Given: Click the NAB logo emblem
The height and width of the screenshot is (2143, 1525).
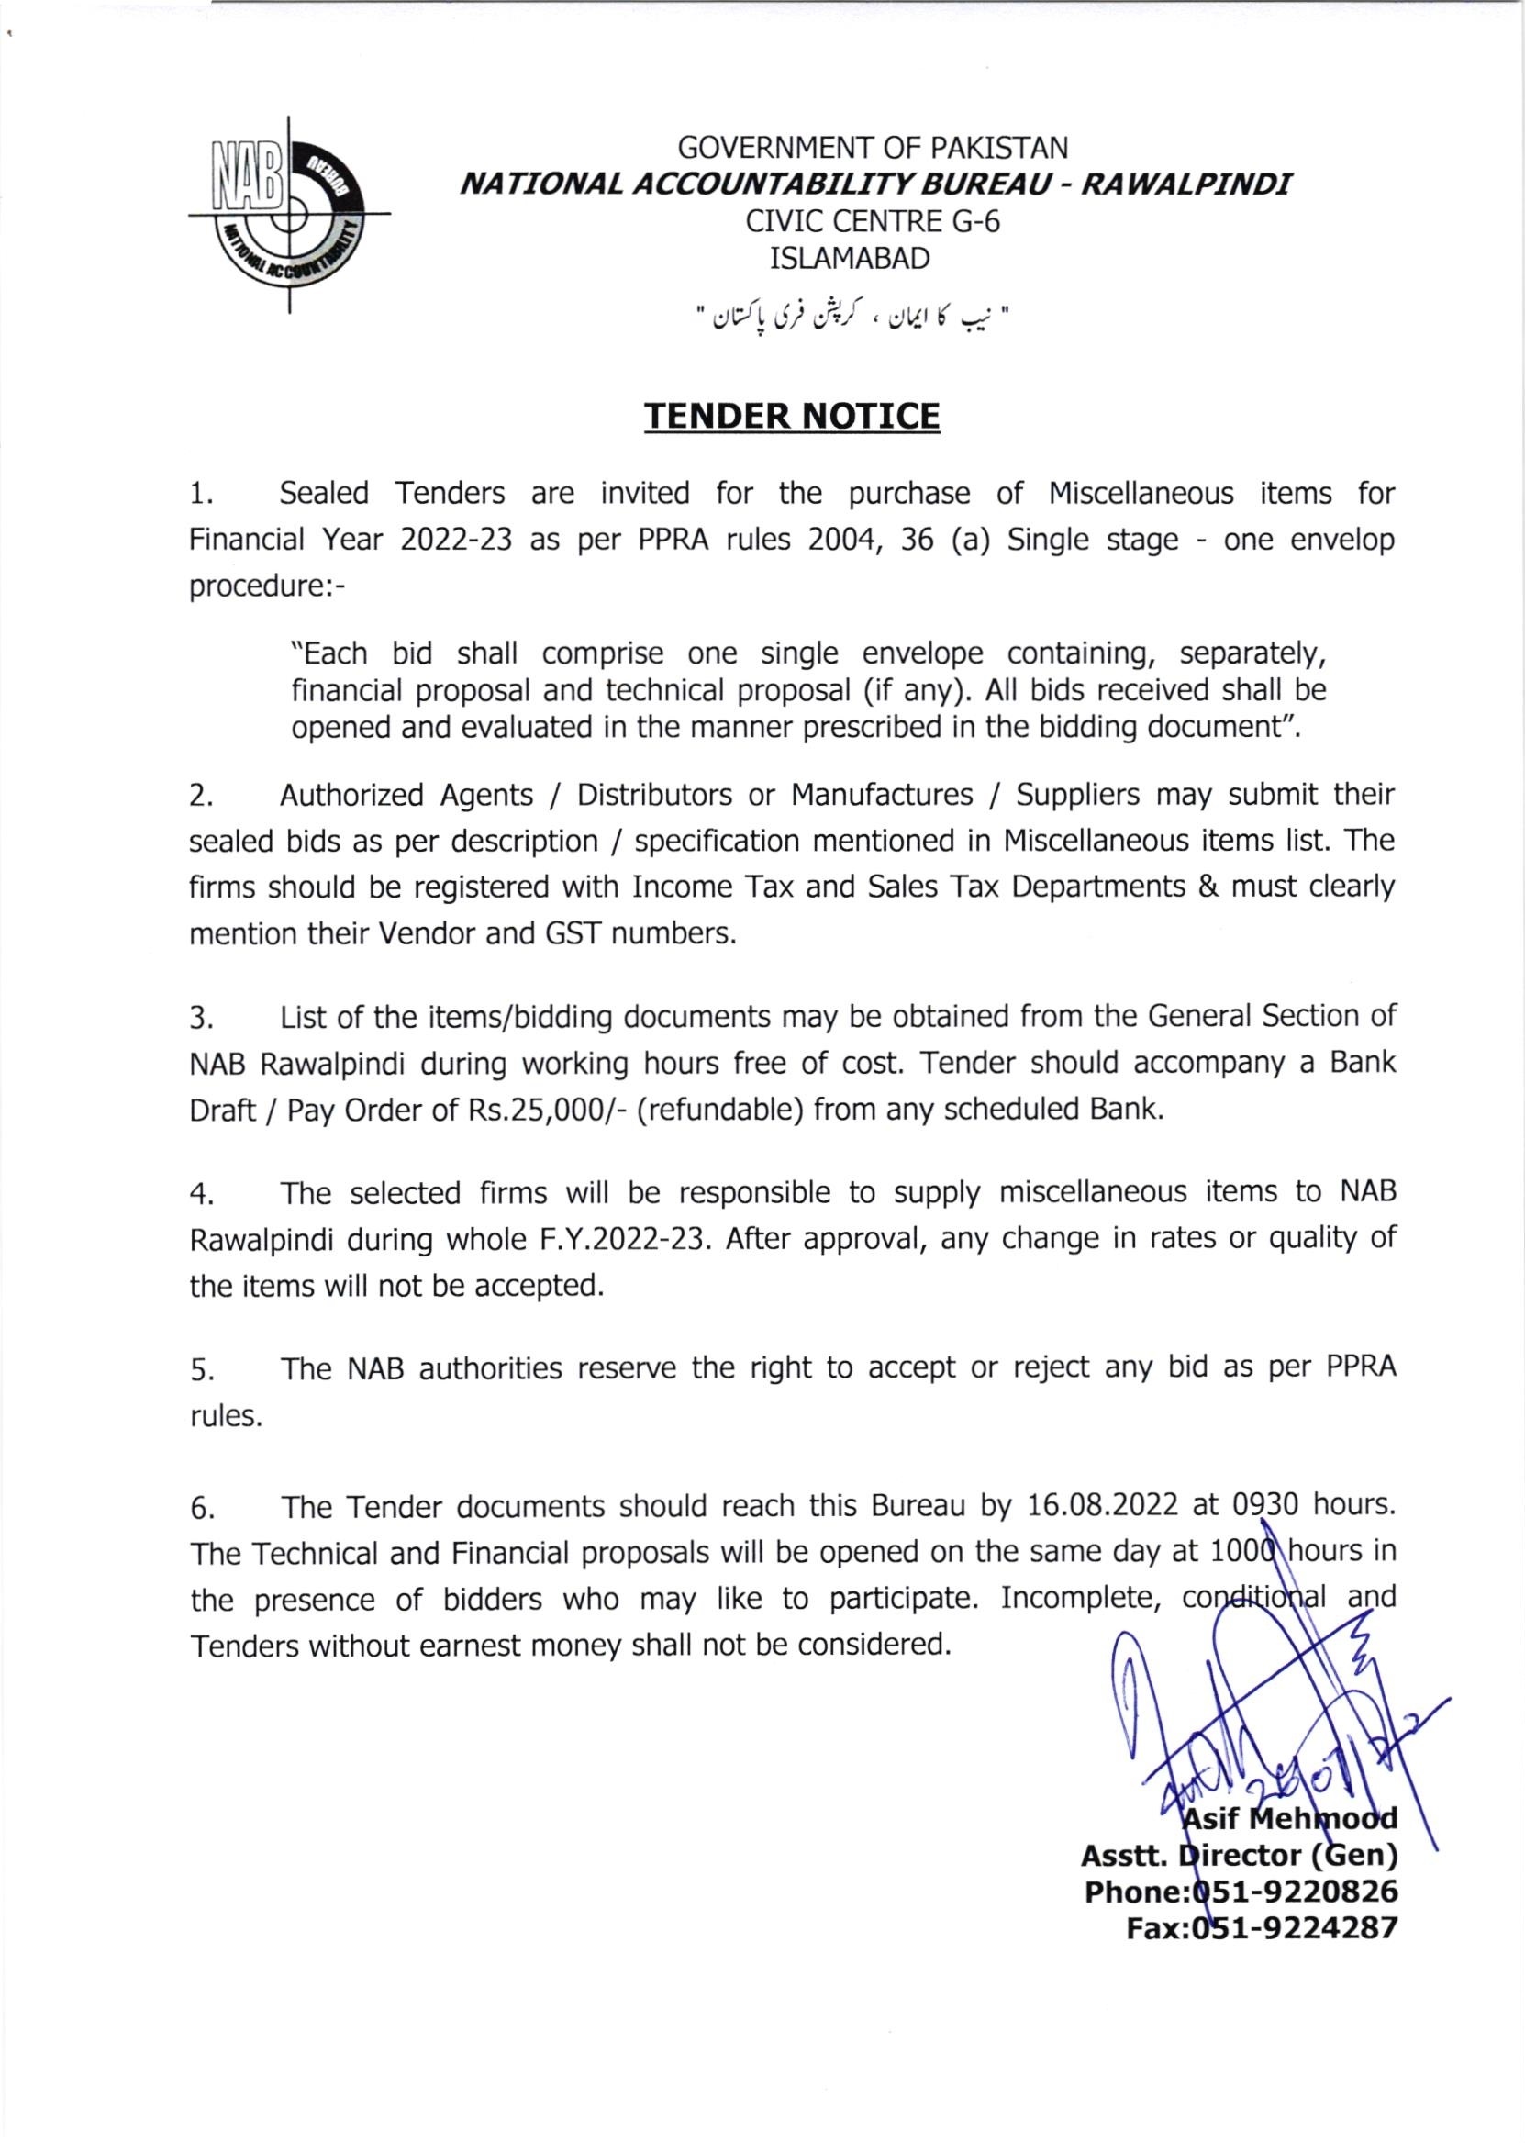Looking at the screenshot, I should tap(288, 214).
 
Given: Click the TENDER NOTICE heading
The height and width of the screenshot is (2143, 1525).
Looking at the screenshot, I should tap(791, 416).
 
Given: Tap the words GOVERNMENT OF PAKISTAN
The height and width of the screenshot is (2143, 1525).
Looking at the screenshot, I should tap(873, 149).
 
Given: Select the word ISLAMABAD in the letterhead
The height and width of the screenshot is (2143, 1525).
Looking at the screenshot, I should tap(849, 258).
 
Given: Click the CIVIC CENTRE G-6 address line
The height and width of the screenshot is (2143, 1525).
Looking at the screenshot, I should tap(873, 221).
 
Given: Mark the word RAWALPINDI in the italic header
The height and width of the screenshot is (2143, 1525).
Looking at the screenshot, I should tap(1186, 184).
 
